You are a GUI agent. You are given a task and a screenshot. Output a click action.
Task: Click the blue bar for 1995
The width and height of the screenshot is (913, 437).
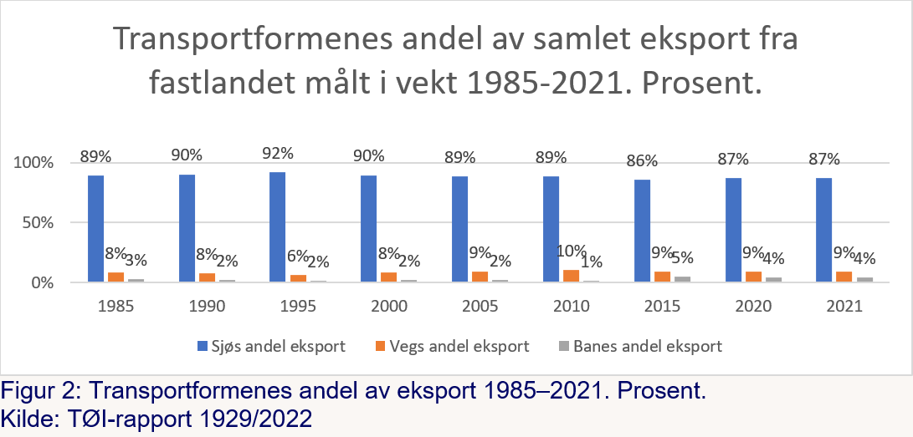[x=277, y=227]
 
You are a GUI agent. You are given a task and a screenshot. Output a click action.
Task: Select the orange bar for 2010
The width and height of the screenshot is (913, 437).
[x=571, y=277]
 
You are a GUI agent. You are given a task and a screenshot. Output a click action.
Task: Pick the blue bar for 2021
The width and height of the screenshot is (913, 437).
[x=824, y=230]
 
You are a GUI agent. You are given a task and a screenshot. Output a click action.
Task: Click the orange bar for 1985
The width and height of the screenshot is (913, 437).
[x=115, y=277]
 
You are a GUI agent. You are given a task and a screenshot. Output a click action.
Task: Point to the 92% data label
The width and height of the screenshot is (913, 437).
[x=277, y=154]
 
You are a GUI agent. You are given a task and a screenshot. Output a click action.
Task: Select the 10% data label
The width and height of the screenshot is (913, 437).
[x=571, y=251]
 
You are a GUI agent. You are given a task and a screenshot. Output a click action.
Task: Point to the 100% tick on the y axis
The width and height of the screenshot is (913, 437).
[x=34, y=162]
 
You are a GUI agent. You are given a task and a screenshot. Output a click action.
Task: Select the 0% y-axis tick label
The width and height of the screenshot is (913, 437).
[x=43, y=283]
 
